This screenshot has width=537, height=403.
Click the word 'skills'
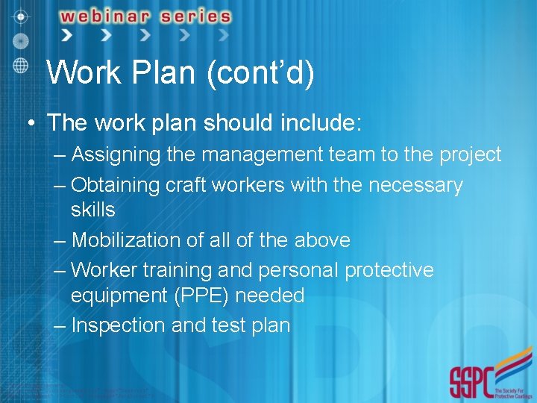click(93, 210)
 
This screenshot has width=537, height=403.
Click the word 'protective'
click(388, 269)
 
